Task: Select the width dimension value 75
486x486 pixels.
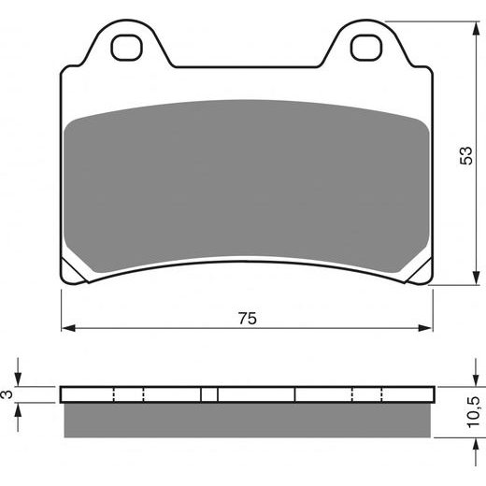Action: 248,318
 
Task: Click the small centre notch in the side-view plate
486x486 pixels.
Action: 210,393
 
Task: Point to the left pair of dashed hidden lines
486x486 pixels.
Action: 128,393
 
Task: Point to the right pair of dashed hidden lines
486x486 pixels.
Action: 367,393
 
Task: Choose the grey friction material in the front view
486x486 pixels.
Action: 248,178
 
